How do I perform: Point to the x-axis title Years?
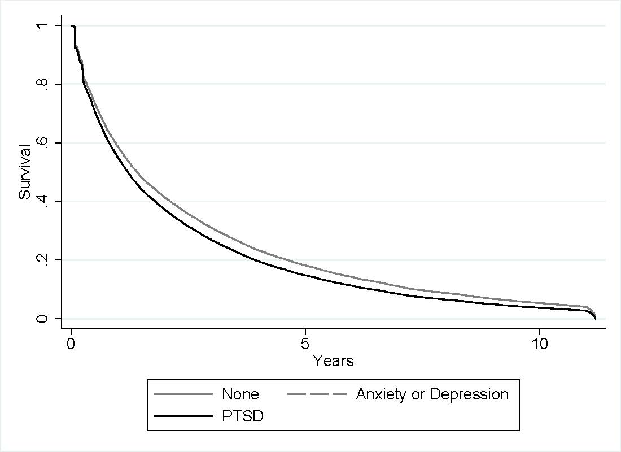(333, 360)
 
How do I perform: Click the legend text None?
(240, 394)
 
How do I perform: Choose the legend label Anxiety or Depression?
(432, 394)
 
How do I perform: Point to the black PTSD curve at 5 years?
(305, 275)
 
